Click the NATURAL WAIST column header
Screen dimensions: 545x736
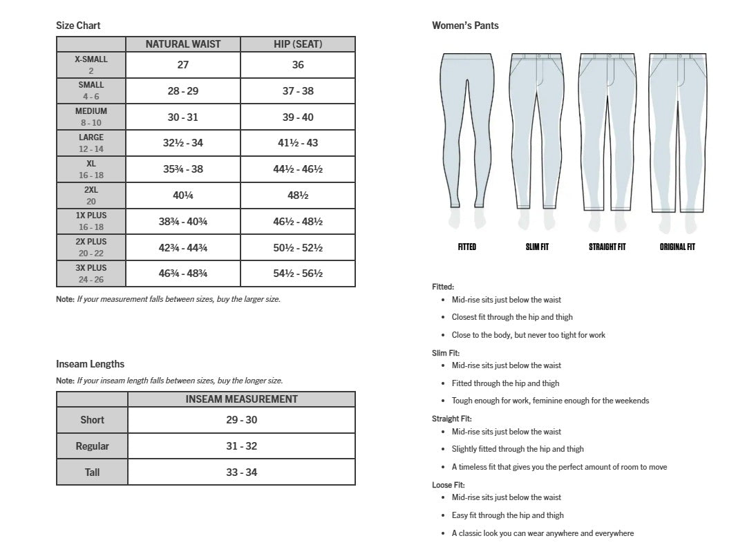[183, 44]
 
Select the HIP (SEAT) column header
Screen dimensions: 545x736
[298, 44]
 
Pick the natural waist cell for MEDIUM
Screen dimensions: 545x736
[183, 117]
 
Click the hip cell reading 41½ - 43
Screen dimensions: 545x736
[298, 143]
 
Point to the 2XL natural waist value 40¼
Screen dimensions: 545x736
[183, 195]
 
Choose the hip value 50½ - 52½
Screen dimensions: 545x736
[298, 248]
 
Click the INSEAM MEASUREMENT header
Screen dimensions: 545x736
[242, 399]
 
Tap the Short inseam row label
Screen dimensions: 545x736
[92, 420]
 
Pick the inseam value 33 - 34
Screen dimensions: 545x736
[242, 472]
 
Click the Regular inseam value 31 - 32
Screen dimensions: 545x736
[242, 446]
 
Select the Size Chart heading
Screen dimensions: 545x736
[78, 26]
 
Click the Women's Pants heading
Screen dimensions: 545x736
[465, 26]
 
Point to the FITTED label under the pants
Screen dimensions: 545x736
[467, 247]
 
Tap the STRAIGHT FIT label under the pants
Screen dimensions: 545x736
[607, 247]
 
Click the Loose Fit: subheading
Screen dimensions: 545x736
[449, 485]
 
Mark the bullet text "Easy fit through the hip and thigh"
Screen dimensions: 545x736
[508, 515]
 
